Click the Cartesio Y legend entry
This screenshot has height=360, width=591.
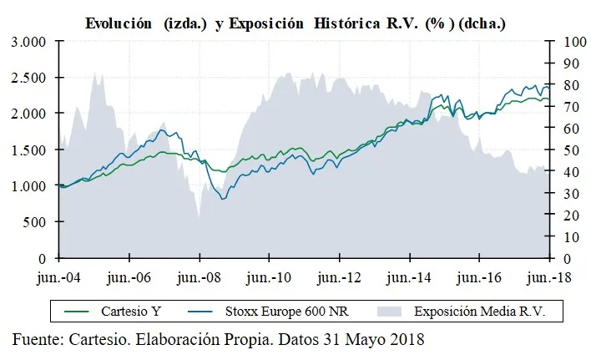point(134,312)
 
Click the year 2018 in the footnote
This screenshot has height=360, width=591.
point(406,340)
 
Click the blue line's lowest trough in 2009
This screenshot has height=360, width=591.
point(223,199)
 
